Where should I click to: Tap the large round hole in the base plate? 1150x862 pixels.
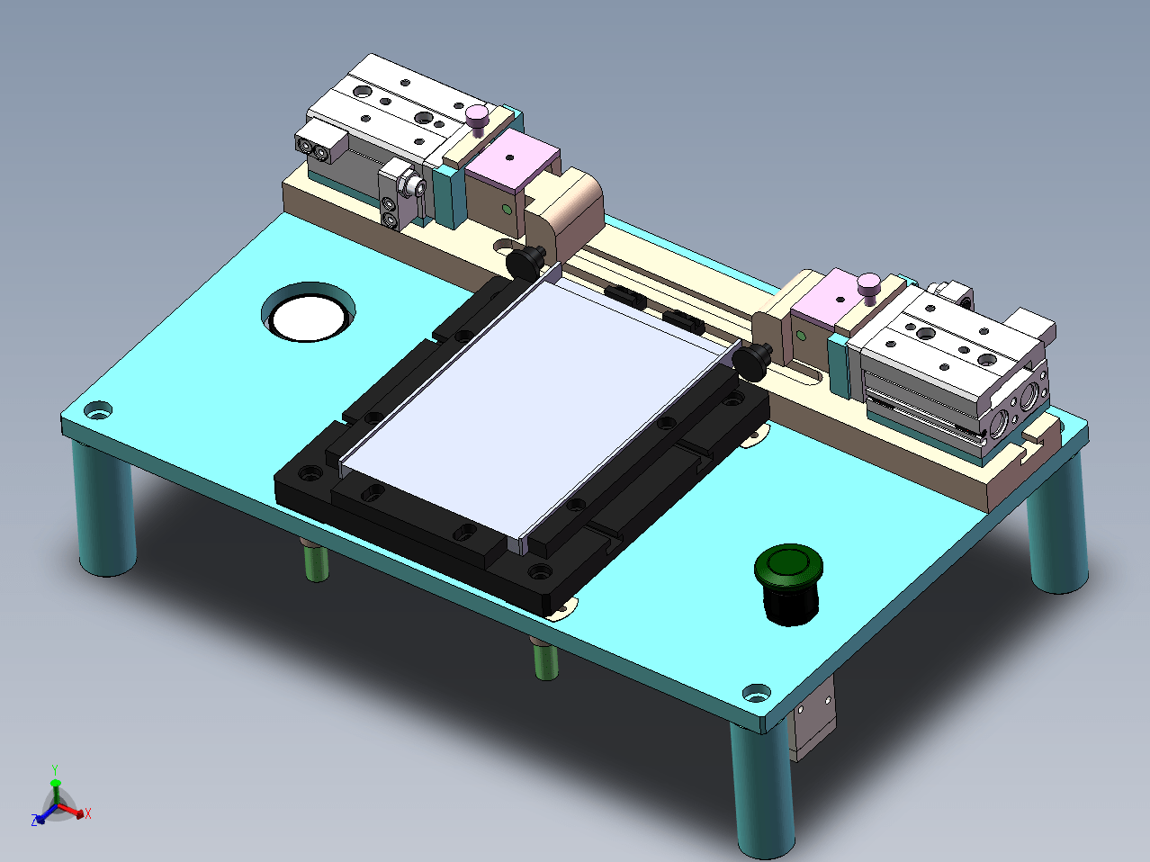(x=308, y=312)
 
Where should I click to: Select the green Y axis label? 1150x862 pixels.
(x=55, y=769)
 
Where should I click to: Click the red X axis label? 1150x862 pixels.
(x=88, y=813)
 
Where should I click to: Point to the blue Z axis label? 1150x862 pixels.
(x=34, y=820)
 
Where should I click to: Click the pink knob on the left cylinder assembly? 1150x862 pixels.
(x=477, y=120)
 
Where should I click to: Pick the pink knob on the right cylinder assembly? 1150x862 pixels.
(x=868, y=288)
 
